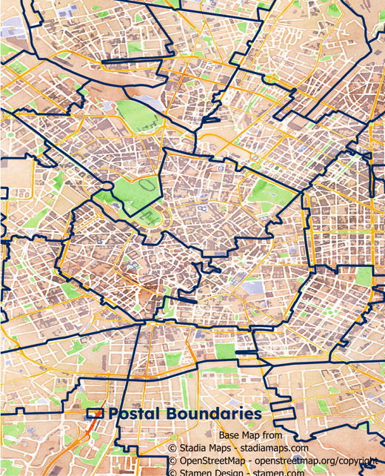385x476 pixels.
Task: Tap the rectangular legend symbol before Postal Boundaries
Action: pyautogui.click(x=95, y=414)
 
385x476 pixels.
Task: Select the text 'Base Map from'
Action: pyautogui.click(x=250, y=435)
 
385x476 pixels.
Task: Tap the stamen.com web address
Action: pyautogui.click(x=278, y=472)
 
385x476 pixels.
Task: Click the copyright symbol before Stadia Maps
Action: pyautogui.click(x=172, y=448)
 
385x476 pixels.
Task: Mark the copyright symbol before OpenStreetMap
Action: pyautogui.click(x=172, y=460)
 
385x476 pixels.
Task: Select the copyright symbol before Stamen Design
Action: pyautogui.click(x=172, y=472)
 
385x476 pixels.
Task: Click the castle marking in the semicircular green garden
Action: pyautogui.click(x=155, y=216)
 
